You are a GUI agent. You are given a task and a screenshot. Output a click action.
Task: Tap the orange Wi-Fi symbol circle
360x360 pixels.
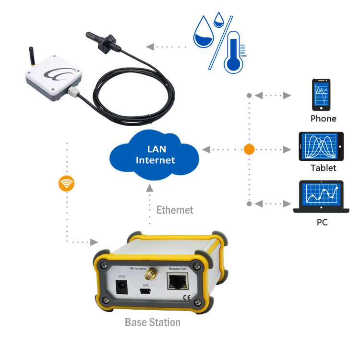66,183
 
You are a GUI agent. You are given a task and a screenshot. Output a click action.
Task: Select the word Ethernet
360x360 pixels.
175,210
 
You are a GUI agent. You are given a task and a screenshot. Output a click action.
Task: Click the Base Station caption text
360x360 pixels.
153,322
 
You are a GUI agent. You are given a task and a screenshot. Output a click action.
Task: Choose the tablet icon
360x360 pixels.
322,146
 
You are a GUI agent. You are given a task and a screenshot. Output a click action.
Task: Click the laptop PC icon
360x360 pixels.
321,197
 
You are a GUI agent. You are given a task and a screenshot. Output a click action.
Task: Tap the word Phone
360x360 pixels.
323,119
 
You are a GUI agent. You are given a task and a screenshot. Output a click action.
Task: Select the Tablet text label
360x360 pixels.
323,168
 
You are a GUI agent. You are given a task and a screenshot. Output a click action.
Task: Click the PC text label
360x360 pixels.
322,222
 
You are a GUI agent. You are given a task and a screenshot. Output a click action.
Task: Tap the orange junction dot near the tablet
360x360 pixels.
249,149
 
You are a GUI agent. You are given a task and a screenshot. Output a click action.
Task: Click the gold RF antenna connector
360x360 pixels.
150,276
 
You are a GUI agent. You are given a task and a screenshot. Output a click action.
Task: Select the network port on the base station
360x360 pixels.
177,282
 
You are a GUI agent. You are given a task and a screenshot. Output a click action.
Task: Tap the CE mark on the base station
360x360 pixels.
185,296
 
